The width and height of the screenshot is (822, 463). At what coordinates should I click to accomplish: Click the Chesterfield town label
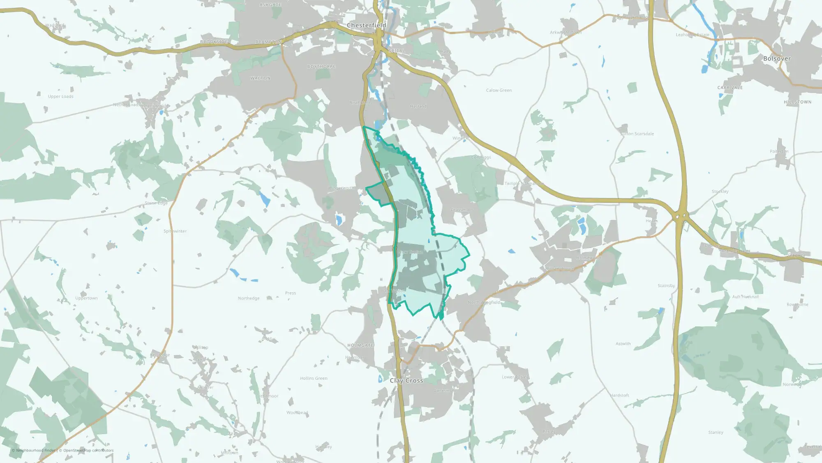[x=366, y=25]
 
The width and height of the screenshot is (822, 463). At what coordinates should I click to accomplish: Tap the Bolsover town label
[x=777, y=58]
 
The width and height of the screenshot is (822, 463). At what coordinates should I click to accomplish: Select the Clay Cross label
[x=406, y=381]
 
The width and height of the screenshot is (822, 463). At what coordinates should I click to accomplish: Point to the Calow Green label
[x=499, y=90]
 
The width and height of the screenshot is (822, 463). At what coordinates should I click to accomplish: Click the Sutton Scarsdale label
[x=637, y=134]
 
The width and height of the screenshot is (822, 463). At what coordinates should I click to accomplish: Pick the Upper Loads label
[x=60, y=96]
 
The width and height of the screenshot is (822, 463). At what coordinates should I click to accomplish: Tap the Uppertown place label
[x=86, y=298]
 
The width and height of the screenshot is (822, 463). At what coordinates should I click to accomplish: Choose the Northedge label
[x=249, y=298]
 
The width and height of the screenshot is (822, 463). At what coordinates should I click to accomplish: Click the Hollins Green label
[x=314, y=378]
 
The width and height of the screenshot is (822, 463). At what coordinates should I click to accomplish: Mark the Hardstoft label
[x=619, y=395]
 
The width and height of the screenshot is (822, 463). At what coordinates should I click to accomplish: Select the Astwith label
[x=623, y=344]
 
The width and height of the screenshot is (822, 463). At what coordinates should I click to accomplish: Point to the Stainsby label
[x=666, y=286]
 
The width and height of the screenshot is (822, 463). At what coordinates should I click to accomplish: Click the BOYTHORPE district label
[x=321, y=66]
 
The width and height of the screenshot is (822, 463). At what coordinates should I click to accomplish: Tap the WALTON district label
[x=261, y=78]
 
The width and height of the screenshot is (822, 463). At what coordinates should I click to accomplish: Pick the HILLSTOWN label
[x=797, y=102]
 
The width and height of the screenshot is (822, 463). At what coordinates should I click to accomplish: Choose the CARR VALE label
[x=730, y=88]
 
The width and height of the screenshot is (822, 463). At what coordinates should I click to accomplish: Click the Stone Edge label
[x=156, y=203]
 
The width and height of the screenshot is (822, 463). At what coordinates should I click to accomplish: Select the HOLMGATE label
[x=360, y=345]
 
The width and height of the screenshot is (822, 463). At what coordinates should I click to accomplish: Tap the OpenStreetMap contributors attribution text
[x=88, y=450]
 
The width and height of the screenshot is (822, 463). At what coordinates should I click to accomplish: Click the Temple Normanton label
[x=524, y=184]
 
